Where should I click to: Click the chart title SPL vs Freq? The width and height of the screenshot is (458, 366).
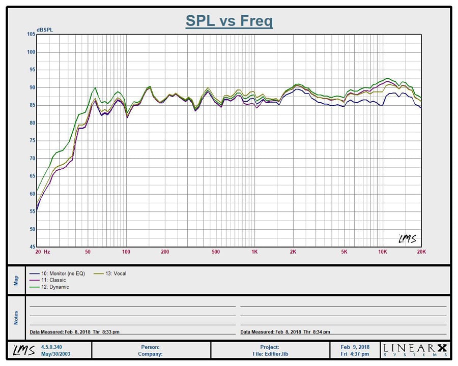coord(229,21)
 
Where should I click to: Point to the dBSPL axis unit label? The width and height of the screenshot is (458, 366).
coord(44,29)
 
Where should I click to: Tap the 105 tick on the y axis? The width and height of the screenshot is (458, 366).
coord(31,34)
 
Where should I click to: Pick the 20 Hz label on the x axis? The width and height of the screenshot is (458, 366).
coord(42,252)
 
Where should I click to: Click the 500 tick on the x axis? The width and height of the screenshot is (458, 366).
coord(216,252)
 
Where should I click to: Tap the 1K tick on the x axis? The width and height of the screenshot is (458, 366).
coord(254,252)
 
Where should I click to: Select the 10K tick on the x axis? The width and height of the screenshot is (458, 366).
coord(383,252)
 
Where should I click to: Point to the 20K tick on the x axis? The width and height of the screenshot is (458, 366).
coord(421,252)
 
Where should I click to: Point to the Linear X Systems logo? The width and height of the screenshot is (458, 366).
coord(415,350)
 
